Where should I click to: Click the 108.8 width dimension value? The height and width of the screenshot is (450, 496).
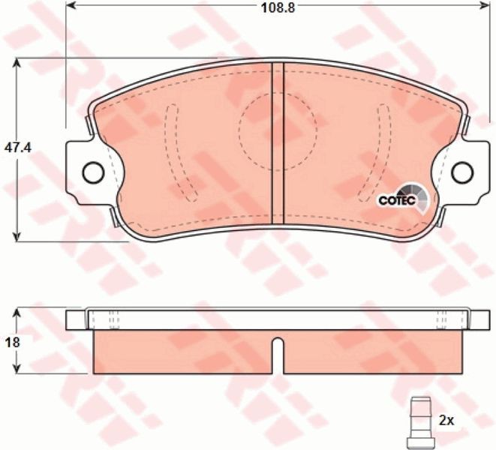pos(278,8)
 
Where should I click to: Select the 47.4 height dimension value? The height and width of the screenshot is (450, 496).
pos(18,148)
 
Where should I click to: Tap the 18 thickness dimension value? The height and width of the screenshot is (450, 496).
pos(12,343)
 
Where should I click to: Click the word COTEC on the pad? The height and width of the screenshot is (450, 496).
pos(397,200)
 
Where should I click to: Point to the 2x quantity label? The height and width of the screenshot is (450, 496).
pos(446,421)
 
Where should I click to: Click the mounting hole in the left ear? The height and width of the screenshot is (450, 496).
pos(93,172)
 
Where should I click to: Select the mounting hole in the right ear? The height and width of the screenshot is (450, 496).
pos(463,172)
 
